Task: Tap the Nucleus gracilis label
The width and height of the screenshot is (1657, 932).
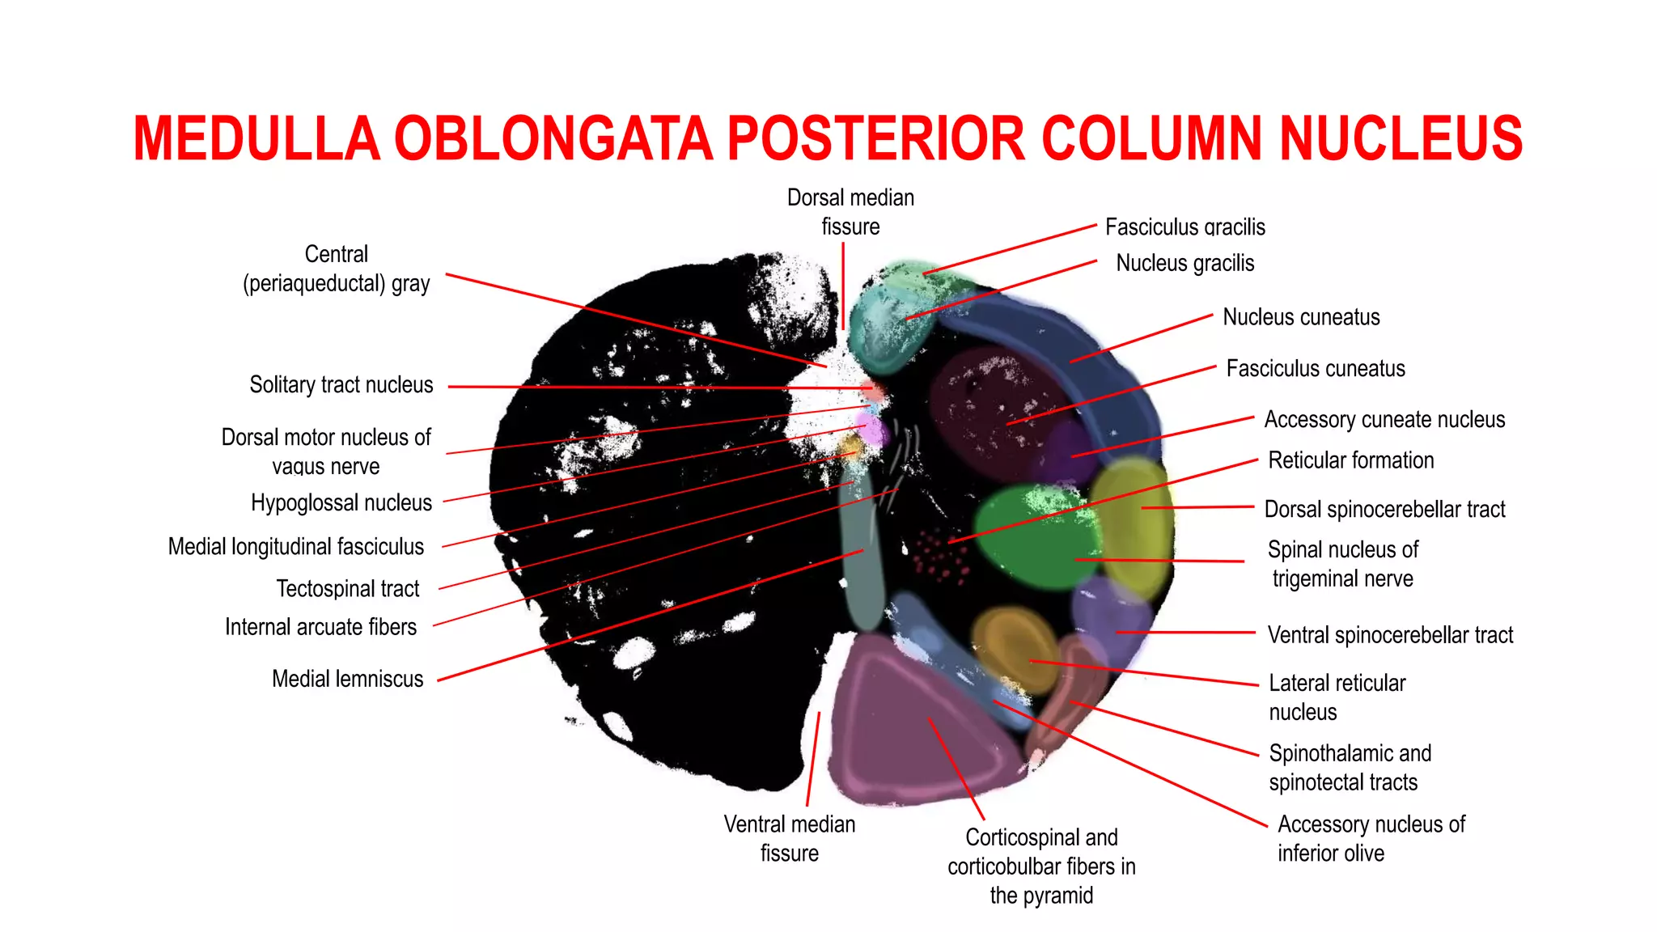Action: pyautogui.click(x=1184, y=263)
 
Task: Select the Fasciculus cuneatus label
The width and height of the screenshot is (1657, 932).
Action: pyautogui.click(x=1316, y=369)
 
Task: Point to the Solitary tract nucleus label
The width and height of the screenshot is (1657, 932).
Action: pyautogui.click(x=341, y=384)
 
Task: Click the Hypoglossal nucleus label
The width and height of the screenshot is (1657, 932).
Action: pyautogui.click(x=341, y=502)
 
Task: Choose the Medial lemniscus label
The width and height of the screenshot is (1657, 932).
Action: pyautogui.click(x=347, y=679)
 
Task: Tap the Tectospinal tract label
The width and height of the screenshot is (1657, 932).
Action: pyautogui.click(x=347, y=588)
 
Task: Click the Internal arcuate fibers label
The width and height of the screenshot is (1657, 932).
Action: pyautogui.click(x=320, y=627)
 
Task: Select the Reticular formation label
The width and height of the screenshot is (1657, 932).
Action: pyautogui.click(x=1350, y=460)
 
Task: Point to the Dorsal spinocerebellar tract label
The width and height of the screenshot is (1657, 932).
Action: pyautogui.click(x=1384, y=509)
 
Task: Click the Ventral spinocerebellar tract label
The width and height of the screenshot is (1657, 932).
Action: pyautogui.click(x=1390, y=635)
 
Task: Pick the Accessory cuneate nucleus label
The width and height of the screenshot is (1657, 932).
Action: pyautogui.click(x=1384, y=419)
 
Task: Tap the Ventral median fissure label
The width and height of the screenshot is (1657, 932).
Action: pyautogui.click(x=789, y=838)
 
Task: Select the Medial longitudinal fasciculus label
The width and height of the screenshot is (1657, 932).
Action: pyautogui.click(x=295, y=547)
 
